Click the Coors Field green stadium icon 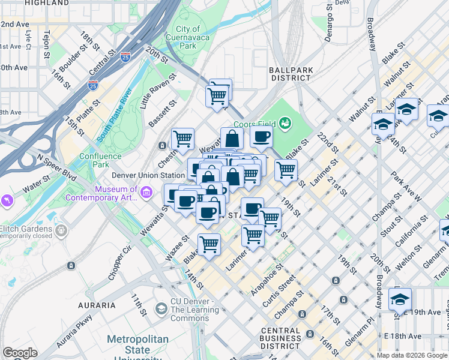285,124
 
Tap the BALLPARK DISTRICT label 291,74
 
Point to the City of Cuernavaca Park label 188,37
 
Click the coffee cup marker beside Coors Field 261,137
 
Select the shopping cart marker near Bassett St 183,139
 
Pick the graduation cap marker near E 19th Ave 400,299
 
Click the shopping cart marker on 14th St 208,244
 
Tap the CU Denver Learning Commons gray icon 160,308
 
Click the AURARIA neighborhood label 97,305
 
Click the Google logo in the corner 20,353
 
